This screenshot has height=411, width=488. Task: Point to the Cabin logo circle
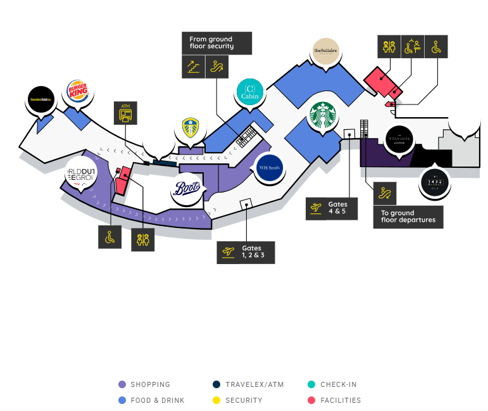click(x=249, y=93)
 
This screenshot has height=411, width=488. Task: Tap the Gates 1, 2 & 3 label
click(x=246, y=252)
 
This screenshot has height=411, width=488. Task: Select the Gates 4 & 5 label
click(x=331, y=208)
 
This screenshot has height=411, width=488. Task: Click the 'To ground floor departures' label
click(x=408, y=217)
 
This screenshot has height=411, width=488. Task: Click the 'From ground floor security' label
click(x=216, y=43)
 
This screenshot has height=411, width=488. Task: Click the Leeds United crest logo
click(x=191, y=129)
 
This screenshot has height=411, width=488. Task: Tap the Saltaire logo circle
click(x=327, y=51)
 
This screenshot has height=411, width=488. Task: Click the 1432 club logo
click(x=435, y=182)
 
